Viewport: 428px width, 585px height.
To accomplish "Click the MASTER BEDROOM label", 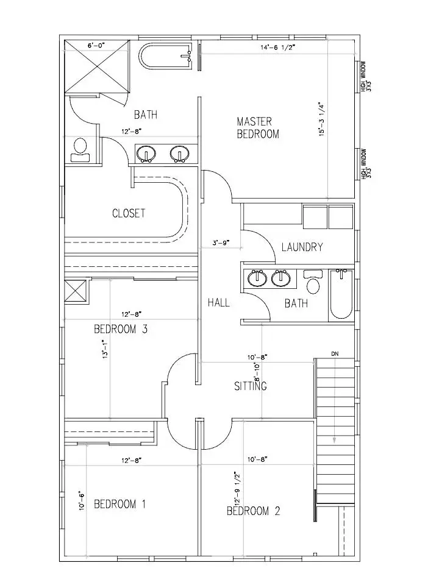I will click(258, 128).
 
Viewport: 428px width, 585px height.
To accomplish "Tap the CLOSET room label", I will click(129, 213).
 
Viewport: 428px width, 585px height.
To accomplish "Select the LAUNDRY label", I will click(302, 247).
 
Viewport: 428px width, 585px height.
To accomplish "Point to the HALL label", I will click(218, 302).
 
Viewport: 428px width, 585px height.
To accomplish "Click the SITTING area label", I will click(251, 386).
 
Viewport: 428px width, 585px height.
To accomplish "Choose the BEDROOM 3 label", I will click(121, 330).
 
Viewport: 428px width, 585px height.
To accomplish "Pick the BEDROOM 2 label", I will click(253, 511).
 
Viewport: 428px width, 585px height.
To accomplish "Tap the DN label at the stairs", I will click(335, 353).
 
